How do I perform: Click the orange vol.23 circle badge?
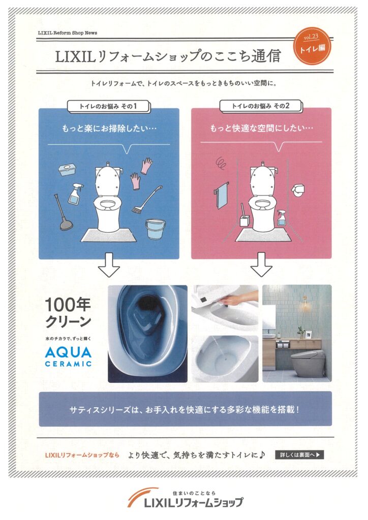tap(312, 46)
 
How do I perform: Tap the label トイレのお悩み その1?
tap(108, 107)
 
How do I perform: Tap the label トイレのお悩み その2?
tap(260, 106)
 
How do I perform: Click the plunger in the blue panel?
tap(62, 213)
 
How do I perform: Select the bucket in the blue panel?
tap(156, 229)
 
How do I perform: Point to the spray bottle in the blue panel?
tap(76, 194)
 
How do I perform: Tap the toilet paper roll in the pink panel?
tap(298, 189)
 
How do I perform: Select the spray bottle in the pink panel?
tap(282, 217)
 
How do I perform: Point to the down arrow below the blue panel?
tap(109, 265)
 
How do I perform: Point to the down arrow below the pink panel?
tap(261, 265)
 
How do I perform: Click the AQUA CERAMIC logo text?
tap(68, 356)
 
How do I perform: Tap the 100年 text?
tap(68, 304)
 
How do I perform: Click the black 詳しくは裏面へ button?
tap(299, 454)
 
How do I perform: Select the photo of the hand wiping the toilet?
tap(225, 309)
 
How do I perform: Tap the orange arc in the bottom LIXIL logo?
tap(141, 495)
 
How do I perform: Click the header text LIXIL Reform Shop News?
tap(68, 33)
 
